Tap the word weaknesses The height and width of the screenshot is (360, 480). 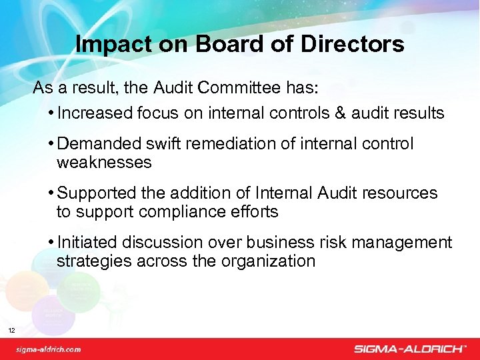tap(104, 162)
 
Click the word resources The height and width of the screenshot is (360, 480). tap(399, 193)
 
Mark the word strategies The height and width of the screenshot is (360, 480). tap(94, 261)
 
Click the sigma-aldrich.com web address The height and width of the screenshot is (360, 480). tap(48, 348)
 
